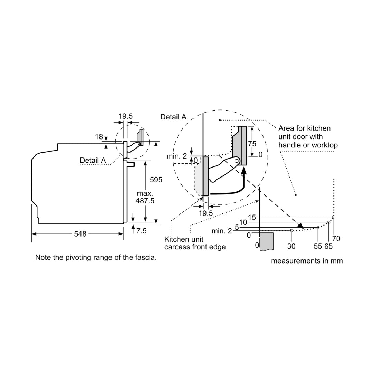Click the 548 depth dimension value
pos(80,234)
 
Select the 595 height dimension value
pos(156,180)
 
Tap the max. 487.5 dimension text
pos(145,197)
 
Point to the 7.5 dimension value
pos(141,231)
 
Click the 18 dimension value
pos(99,137)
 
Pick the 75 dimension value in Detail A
pos(252,144)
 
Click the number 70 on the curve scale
pos(336,238)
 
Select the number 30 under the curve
pos(291,246)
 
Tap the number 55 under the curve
pos(318,246)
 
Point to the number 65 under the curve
pos(328,246)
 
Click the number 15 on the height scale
pos(252,217)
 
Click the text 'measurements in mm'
pos(307,261)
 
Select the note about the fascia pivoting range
pos(96,257)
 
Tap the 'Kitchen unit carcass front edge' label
pos(195,243)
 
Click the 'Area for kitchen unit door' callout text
pos(308,136)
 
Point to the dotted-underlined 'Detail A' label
pos(93,160)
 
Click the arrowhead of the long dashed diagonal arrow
pos(301,226)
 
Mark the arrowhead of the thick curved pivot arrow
pos(244,171)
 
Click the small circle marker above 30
pos(291,230)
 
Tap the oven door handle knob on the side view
pos(131,164)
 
